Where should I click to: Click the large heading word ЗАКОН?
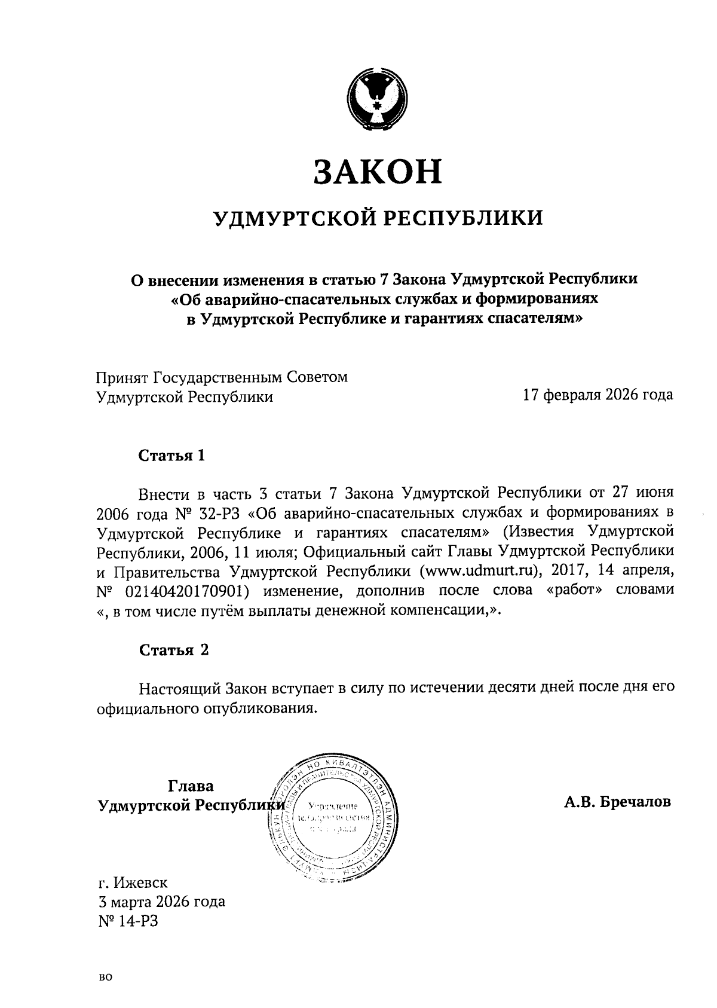click(x=378, y=172)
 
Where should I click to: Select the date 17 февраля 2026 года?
click(x=597, y=395)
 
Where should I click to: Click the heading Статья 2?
click(x=174, y=650)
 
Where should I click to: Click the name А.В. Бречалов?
click(x=617, y=802)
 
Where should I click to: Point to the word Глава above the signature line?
click(x=191, y=786)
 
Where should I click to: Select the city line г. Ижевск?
click(x=133, y=882)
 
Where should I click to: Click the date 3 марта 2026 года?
click(x=161, y=902)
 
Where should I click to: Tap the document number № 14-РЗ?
click(x=128, y=921)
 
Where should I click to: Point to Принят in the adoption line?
click(x=122, y=378)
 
